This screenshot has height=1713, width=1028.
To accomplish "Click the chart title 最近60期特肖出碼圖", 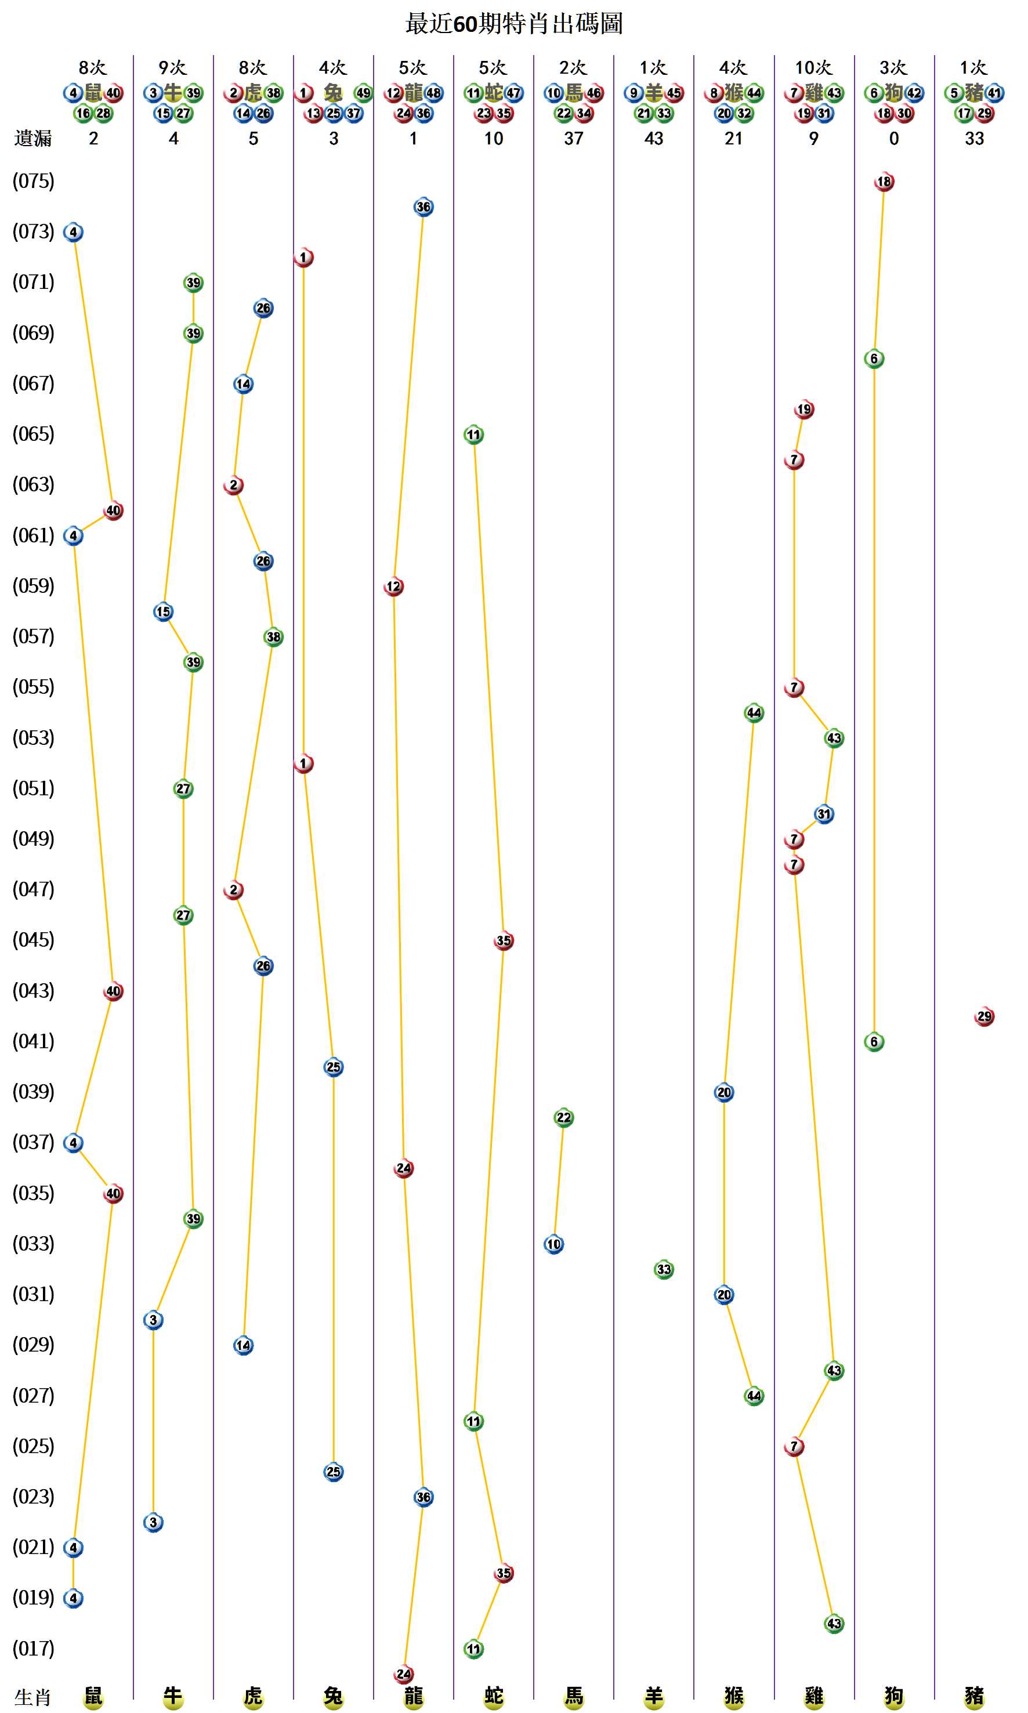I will point(513,24).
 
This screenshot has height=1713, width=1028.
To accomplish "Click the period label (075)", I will point(33,182).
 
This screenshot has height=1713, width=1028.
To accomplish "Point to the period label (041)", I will point(33,1041).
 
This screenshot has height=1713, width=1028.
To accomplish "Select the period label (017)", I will point(33,1648).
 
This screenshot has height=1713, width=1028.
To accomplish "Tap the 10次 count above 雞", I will point(813,68).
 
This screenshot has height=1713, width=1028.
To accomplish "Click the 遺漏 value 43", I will point(653,139).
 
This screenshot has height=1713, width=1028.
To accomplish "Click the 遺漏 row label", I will point(32,139).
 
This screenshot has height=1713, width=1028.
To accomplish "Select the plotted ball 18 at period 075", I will point(884,182).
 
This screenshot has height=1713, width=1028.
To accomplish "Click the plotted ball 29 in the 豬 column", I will point(984,1016).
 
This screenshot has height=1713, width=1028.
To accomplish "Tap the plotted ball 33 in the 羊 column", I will point(664,1269).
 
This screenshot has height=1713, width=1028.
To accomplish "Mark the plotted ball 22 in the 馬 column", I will point(563,1117).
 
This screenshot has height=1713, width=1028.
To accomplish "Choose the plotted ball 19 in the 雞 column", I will point(803,410).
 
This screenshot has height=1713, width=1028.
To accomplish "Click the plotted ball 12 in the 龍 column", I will point(393,586).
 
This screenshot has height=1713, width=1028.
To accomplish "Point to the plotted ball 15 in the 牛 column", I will point(163,611).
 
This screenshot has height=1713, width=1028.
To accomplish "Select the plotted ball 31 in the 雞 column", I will point(824,814).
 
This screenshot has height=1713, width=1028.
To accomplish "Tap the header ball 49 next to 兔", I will point(363,93).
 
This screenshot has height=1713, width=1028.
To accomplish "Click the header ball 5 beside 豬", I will point(954,93).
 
